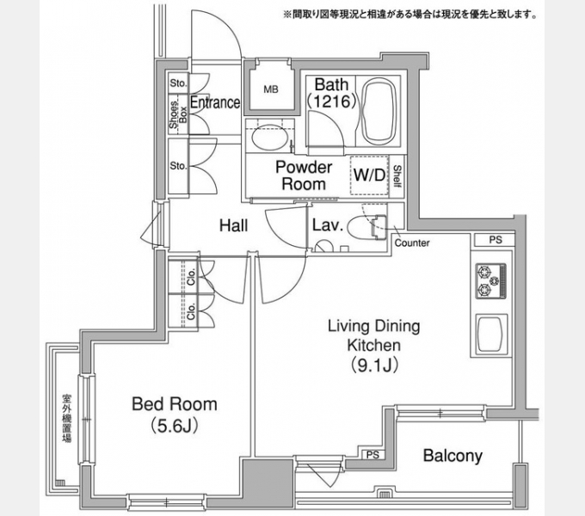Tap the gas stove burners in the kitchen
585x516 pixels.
pyautogui.click(x=490, y=280)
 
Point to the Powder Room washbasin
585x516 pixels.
pyautogui.click(x=269, y=138)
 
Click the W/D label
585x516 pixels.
pyautogui.click(x=369, y=175)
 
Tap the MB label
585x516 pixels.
pyautogui.click(x=271, y=89)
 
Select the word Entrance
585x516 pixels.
pyautogui.click(x=215, y=102)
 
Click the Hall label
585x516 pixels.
pyautogui.click(x=233, y=225)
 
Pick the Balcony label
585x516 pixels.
pyautogui.click(x=453, y=456)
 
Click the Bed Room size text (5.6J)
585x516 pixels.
pyautogui.click(x=175, y=426)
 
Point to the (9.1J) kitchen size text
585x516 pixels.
pyautogui.click(x=374, y=365)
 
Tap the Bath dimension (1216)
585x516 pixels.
pyautogui.click(x=332, y=101)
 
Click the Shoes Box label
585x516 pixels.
pyautogui.click(x=178, y=115)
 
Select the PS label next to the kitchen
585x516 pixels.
pyautogui.click(x=496, y=240)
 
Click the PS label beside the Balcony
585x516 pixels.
pyautogui.click(x=373, y=455)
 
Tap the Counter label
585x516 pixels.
pyautogui.click(x=412, y=243)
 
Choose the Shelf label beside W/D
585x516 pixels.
pyautogui.click(x=397, y=176)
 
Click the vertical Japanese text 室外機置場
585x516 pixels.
pyautogui.click(x=67, y=418)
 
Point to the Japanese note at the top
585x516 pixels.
pyautogui.click(x=410, y=15)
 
